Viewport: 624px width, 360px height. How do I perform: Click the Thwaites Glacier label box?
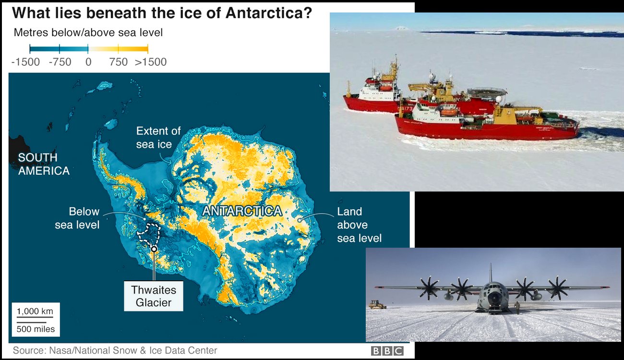click(154, 296)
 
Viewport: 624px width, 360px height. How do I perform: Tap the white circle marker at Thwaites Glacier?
click(154, 249)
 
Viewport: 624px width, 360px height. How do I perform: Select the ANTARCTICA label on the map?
click(242, 211)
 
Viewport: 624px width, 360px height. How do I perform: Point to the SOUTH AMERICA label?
click(44, 164)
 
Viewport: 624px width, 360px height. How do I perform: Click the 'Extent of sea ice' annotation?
click(158, 138)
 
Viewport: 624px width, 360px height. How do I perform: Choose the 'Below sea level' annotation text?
click(77, 218)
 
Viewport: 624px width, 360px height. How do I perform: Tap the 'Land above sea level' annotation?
click(360, 225)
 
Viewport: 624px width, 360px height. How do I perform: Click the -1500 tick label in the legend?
click(25, 62)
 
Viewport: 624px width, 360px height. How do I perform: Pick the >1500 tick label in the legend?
click(151, 62)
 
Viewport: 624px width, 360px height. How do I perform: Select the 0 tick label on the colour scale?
click(88, 62)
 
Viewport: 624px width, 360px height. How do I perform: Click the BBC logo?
click(387, 351)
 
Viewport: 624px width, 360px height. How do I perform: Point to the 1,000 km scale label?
click(35, 311)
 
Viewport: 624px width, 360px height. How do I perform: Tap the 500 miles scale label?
click(36, 329)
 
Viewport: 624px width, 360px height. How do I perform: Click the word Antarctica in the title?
click(268, 13)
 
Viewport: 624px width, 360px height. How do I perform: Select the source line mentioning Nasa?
click(115, 350)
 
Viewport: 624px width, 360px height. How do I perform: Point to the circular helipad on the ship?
click(486, 92)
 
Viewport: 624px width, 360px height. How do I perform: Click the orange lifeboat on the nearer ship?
click(449, 112)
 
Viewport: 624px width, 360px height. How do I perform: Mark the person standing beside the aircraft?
click(518, 308)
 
